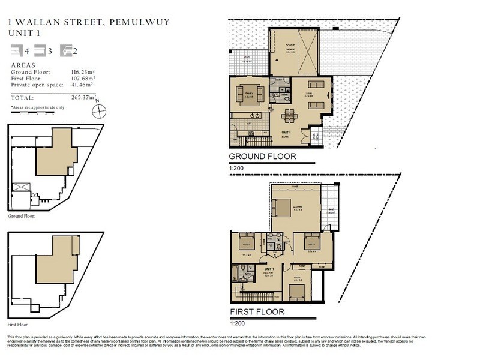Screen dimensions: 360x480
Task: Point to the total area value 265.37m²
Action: pyautogui.click(x=84, y=97)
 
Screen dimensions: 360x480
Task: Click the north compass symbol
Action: pyautogui.click(x=100, y=110)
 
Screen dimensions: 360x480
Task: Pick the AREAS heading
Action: pyautogui.click(x=23, y=65)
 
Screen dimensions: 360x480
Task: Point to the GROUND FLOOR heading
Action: pyautogui.click(x=263, y=157)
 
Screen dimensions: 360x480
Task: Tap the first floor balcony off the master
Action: pyautogui.click(x=330, y=209)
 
